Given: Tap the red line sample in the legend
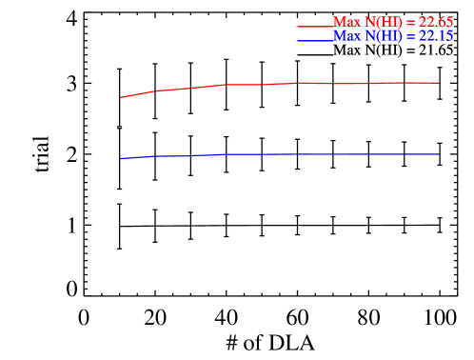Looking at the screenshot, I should pyautogui.click(x=314, y=26).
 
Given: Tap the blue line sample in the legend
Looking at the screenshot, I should pyautogui.click(x=314, y=40).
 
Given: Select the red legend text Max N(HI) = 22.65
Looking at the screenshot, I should pyautogui.click(x=392, y=22).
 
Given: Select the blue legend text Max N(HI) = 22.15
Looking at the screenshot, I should pyautogui.click(x=392, y=36).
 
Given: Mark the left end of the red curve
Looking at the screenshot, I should pyautogui.click(x=121, y=97).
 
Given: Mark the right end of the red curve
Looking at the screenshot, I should pyautogui.click(x=438, y=83).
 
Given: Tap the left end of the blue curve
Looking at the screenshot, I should pyautogui.click(x=121, y=158).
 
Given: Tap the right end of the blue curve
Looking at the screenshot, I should pyautogui.click(x=438, y=153).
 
